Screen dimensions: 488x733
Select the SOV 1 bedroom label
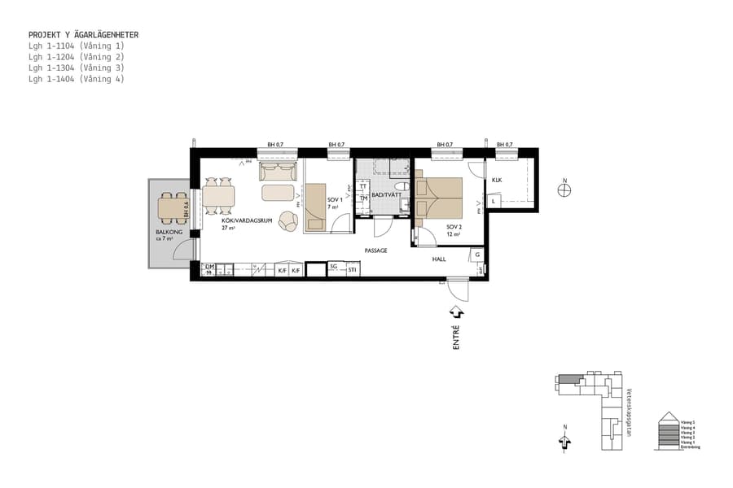[334, 200]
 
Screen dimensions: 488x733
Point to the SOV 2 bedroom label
[454, 227]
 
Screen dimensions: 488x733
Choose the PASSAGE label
[375, 251]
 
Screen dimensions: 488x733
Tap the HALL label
[439, 259]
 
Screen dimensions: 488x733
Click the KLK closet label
[497, 180]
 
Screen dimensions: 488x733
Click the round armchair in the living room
[288, 220]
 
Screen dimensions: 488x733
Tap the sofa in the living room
[278, 172]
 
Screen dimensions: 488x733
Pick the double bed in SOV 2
[439, 197]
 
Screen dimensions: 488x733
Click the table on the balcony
[172, 207]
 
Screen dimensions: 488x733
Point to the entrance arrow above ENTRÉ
[456, 312]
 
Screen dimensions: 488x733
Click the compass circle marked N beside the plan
[564, 190]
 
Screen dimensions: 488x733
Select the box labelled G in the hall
[476, 255]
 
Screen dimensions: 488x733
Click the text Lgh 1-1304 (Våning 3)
[76, 68]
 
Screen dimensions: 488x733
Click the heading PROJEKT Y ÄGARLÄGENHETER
[83, 35]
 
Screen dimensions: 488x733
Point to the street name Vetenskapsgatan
[630, 412]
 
